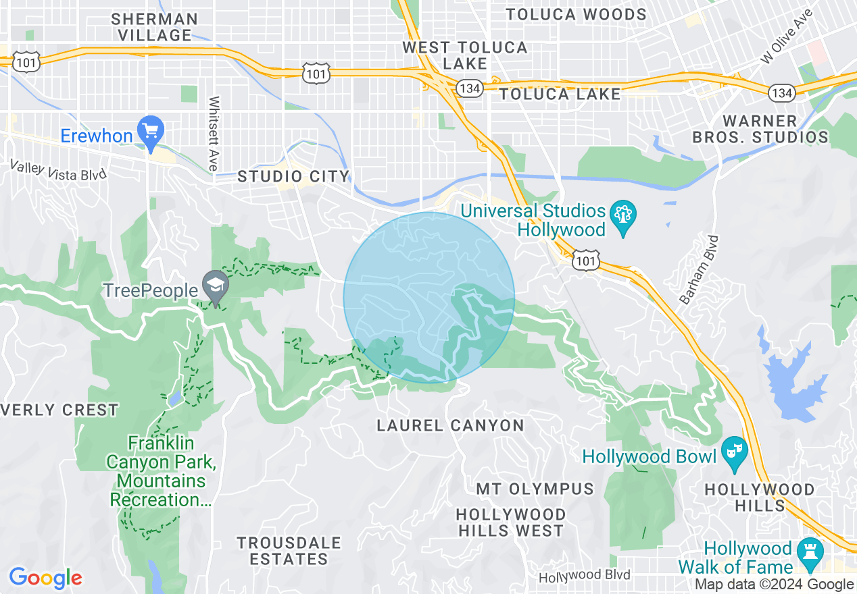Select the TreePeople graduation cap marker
point(216,286)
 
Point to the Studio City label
point(293,177)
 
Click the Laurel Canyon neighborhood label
point(450,425)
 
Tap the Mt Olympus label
point(535,489)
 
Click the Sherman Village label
point(155,27)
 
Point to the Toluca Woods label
point(576,14)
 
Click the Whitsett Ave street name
point(214,134)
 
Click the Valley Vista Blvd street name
point(58,170)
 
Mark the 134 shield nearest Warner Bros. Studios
point(782,92)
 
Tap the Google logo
point(45,578)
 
